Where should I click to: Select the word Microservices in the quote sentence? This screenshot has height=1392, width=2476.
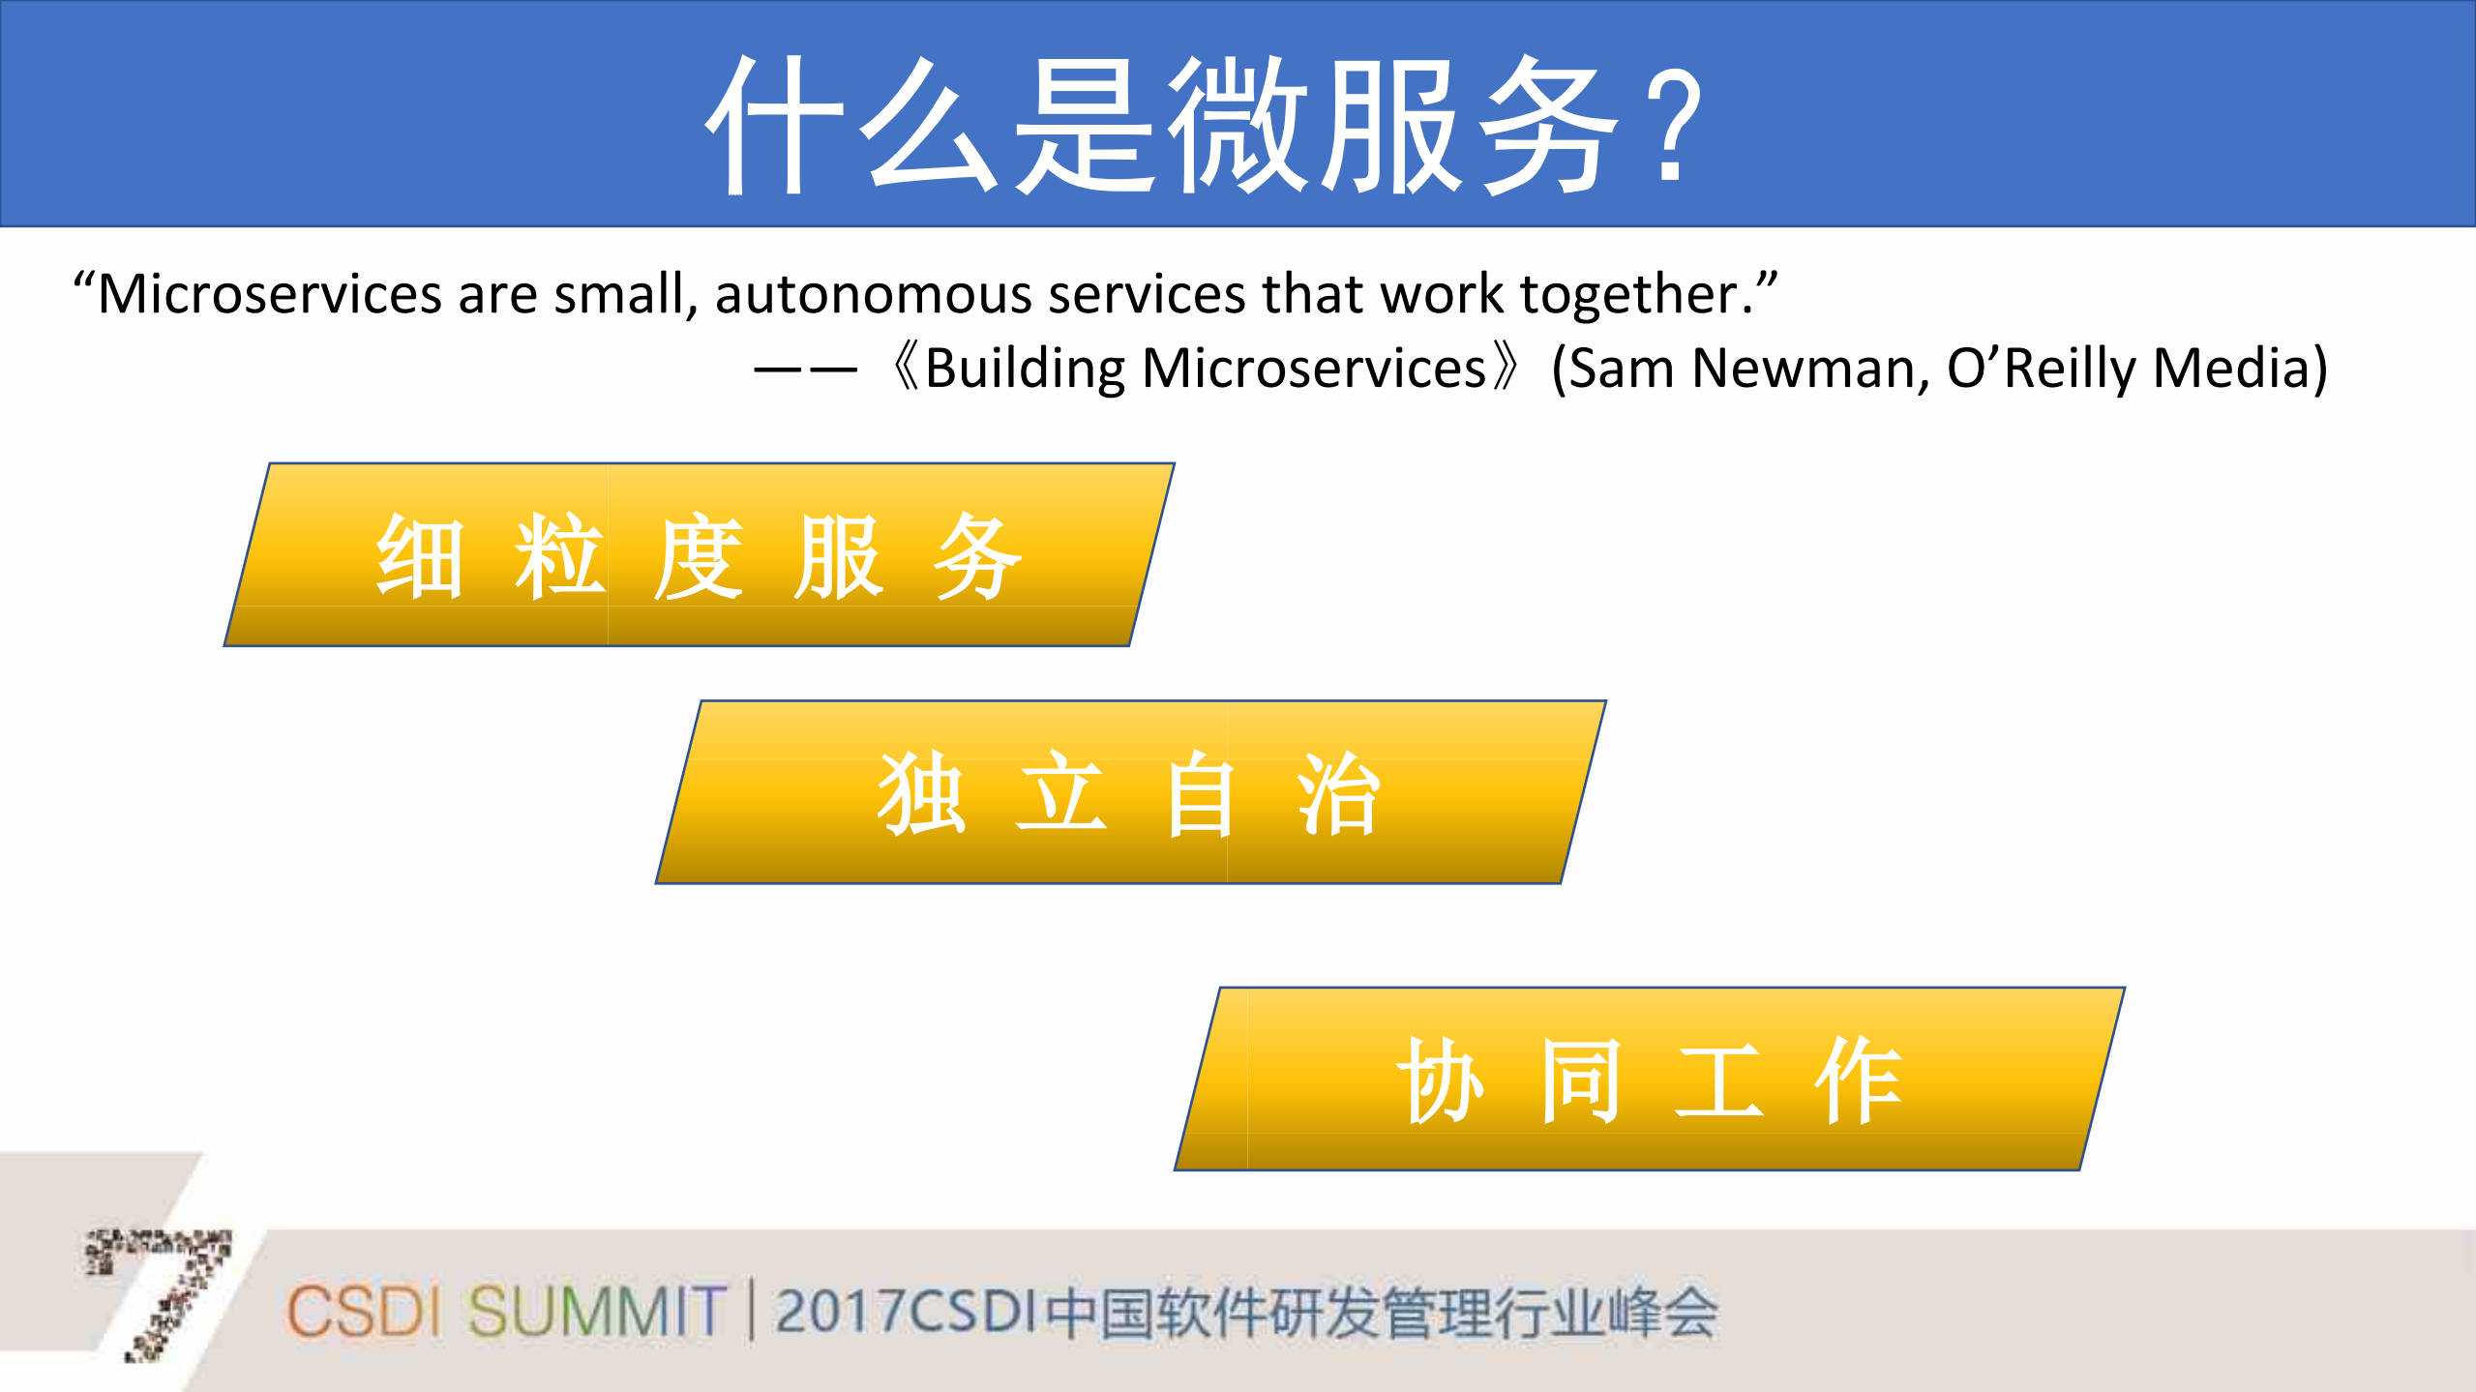pos(269,294)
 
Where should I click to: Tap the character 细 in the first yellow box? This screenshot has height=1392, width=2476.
pos(420,557)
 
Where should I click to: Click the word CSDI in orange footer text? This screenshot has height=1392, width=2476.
pos(362,1313)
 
